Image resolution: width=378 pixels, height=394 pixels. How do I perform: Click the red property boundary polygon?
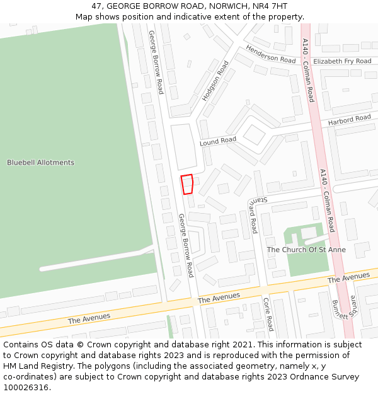tap(187, 184)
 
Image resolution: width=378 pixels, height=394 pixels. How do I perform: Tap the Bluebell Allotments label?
tap(40, 163)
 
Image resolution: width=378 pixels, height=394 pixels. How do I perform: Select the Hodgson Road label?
tap(215, 81)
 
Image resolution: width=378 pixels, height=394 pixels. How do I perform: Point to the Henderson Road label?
tap(270, 55)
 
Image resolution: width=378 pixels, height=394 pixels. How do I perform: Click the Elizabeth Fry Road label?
tap(342, 61)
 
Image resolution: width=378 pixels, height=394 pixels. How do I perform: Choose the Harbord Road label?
tap(349, 120)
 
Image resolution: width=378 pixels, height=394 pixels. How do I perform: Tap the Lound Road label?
tap(218, 141)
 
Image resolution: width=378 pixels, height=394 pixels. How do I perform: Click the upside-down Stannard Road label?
tap(253, 214)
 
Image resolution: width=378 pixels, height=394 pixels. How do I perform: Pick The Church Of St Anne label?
tap(306, 250)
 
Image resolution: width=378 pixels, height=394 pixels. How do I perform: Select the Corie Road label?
tap(267, 314)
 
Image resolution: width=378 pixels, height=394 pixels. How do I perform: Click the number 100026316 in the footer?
tap(26, 388)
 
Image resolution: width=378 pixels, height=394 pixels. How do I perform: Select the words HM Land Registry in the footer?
tap(33, 366)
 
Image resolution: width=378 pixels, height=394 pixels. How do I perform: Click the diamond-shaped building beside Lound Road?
tap(255, 135)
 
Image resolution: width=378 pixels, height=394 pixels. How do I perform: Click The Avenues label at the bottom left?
tap(89, 318)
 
